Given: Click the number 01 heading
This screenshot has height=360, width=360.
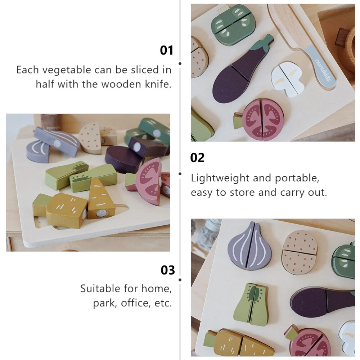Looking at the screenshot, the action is tap(166, 50).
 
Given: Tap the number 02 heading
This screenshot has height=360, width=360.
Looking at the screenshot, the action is tap(197, 158).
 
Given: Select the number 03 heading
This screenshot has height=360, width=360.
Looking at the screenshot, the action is tap(168, 270).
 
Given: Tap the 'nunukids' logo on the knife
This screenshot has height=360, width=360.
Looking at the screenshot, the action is tap(323, 70).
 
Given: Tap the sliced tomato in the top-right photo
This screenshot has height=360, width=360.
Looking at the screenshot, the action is tap(260, 120).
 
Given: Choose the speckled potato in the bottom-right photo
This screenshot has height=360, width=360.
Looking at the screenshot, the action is tap(300, 252).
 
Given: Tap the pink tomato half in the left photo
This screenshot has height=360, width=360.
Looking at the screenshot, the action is tap(148, 181).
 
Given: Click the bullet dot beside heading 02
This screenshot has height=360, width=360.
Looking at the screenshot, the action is tap(180, 174).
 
